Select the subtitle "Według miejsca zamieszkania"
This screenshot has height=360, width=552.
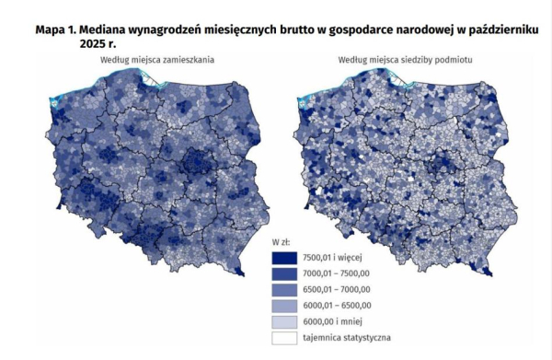[152, 61]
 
